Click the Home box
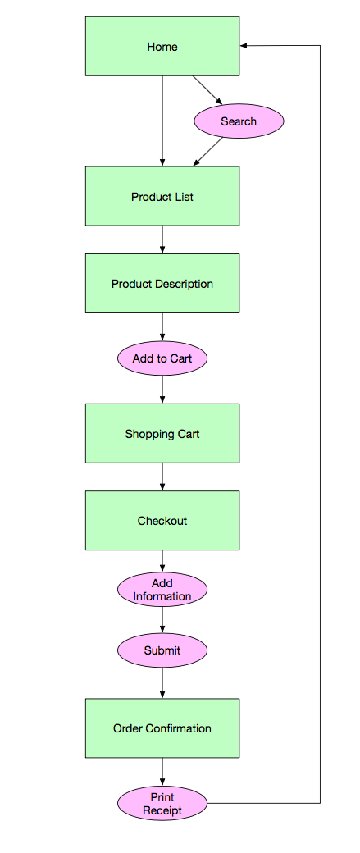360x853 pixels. click(162, 46)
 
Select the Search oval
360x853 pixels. click(239, 121)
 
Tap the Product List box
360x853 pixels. click(162, 196)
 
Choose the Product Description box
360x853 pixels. click(162, 284)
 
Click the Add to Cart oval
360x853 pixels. click(162, 358)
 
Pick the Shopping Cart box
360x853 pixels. click(162, 434)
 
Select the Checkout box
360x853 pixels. click(162, 521)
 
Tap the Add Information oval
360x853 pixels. click(162, 590)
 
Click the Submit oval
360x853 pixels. click(162, 650)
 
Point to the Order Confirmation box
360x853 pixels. click(162, 728)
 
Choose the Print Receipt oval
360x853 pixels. click(162, 804)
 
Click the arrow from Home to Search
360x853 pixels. click(207, 89)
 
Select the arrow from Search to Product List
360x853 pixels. click(207, 152)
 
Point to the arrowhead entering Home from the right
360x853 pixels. click(243, 46)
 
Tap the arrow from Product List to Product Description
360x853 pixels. click(162, 239)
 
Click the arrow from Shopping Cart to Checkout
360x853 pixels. click(162, 477)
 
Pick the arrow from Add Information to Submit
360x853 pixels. click(162, 619)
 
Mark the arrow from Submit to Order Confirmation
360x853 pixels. click(162, 682)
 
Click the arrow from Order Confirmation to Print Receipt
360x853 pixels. click(162, 772)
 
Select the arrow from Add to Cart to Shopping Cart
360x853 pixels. click(162, 390)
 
